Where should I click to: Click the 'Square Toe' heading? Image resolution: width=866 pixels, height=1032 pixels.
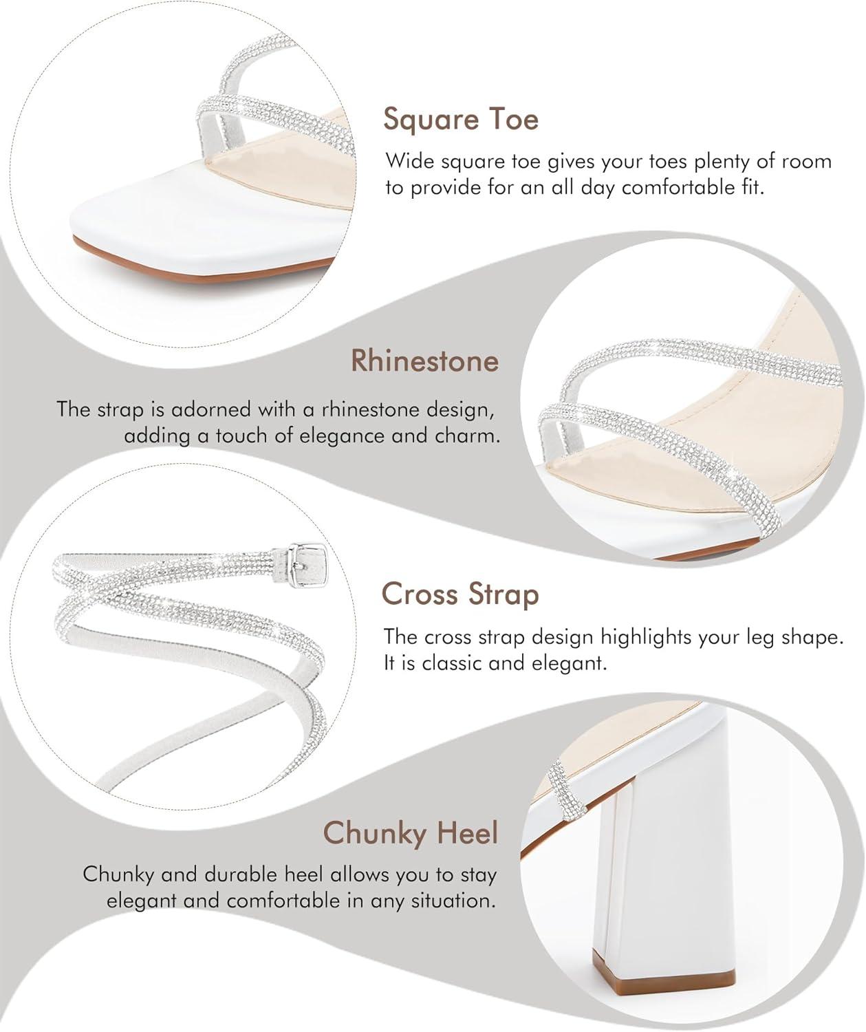(x=461, y=120)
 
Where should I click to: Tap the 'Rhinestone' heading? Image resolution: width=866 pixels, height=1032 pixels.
(x=424, y=361)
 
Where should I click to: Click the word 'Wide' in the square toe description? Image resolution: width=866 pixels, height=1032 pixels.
(x=409, y=161)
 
